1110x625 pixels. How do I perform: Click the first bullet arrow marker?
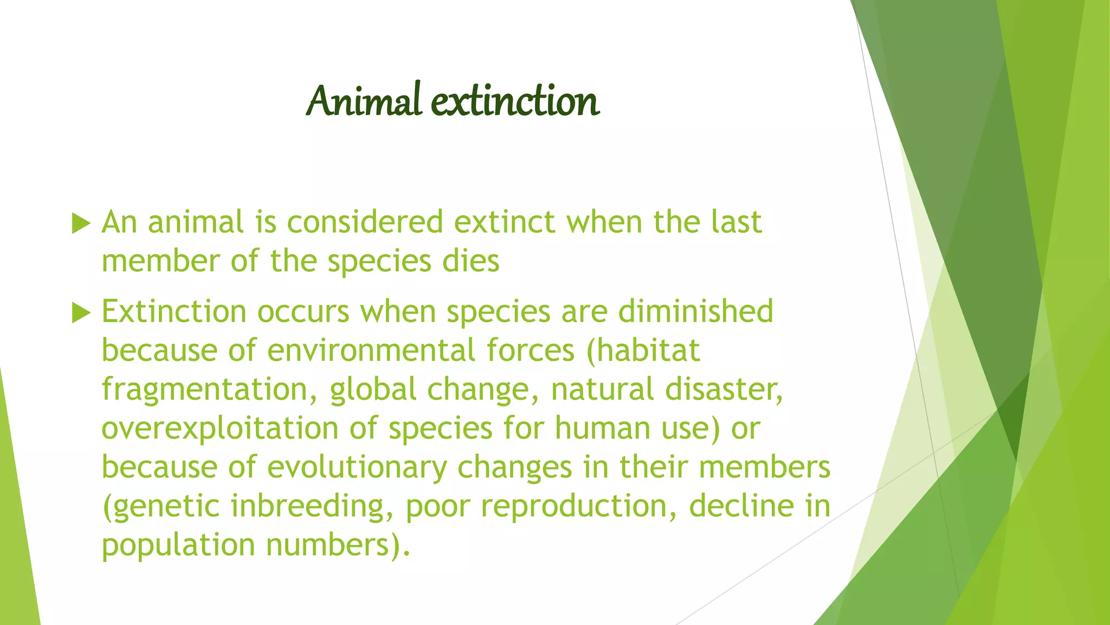(81, 223)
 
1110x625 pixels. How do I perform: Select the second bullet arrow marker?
(81, 312)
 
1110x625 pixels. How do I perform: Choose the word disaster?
(724, 390)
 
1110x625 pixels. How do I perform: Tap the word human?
(602, 429)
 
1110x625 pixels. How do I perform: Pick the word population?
(178, 545)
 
